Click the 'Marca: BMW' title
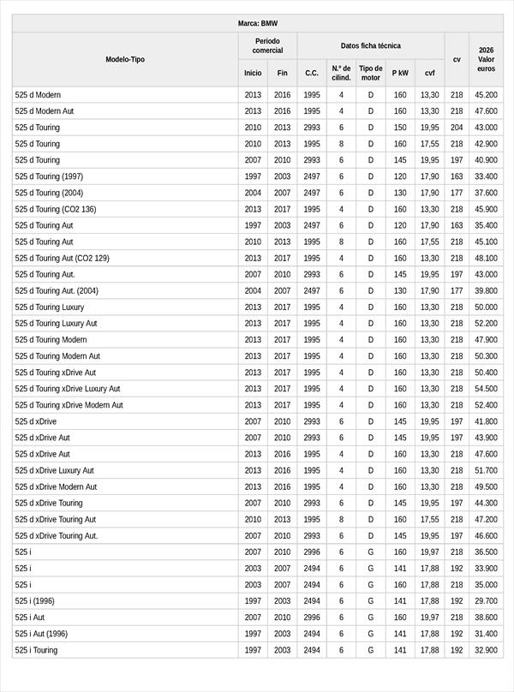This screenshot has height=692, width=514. coord(257,23)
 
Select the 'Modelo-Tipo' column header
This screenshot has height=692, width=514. coord(125,59)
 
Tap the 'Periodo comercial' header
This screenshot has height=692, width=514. coord(267,45)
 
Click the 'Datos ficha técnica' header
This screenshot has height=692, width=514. coord(370,45)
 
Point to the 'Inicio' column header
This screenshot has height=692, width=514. coord(253,73)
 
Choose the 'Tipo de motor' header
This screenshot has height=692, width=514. coord(371,73)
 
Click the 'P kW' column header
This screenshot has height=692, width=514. coord(400,73)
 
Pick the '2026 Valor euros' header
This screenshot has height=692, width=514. coord(487,59)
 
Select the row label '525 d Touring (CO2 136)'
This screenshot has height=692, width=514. coord(56,209)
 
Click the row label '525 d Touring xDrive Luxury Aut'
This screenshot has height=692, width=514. coord(68,389)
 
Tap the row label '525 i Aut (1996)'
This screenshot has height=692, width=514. coord(42,634)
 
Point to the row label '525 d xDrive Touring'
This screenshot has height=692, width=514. coord(49,503)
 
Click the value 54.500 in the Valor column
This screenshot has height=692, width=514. coord(486,389)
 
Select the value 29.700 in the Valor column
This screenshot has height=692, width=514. coord(486,601)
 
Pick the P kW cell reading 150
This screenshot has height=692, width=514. coord(400,128)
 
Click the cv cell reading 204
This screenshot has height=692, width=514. coord(457,128)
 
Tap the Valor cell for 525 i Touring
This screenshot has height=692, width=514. coord(486,650)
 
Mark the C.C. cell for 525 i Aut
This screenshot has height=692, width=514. coord(312,617)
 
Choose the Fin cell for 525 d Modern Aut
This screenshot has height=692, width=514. coord(283,111)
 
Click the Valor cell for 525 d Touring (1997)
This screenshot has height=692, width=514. coord(486,176)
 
